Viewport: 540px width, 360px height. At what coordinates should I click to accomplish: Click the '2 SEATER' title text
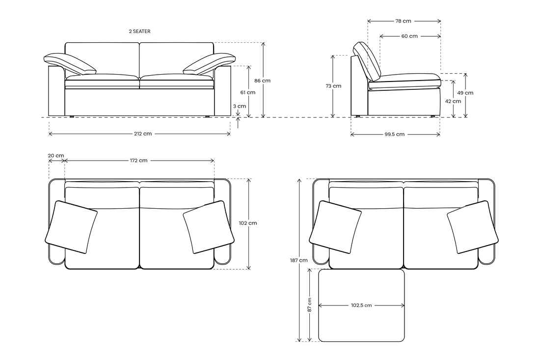coord(139,31)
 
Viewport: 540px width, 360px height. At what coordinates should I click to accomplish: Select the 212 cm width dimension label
coord(143,134)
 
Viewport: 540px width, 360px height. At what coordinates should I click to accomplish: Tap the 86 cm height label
coord(263,81)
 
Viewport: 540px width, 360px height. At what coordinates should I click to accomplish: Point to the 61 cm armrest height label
coord(248,92)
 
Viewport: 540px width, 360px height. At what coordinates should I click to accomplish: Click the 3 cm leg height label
coord(240,106)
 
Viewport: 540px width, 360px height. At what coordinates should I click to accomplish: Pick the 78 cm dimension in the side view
coord(403,21)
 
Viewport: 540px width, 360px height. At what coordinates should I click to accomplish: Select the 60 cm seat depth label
coord(409,36)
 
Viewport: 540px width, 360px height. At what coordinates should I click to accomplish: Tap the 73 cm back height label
coord(333,86)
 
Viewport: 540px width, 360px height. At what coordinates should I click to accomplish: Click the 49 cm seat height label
coord(465,93)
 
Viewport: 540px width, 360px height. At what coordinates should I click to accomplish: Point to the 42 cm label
coord(453,101)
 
